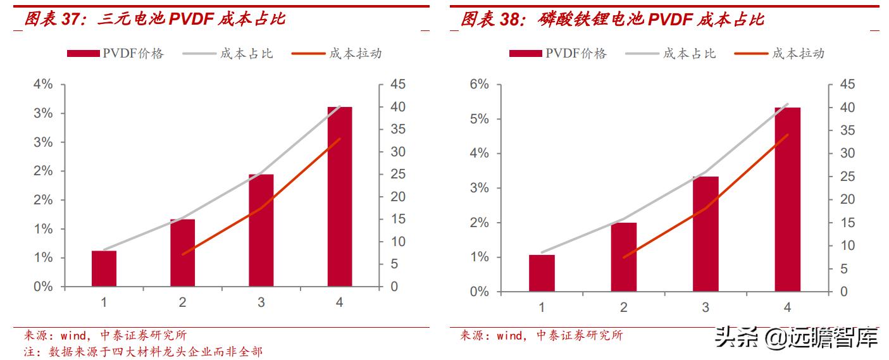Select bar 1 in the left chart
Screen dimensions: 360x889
tap(104, 268)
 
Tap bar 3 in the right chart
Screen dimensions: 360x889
tap(706, 233)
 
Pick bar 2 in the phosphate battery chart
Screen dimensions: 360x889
tap(623, 257)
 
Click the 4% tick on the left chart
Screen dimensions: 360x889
tap(44, 85)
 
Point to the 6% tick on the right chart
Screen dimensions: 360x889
tap(478, 85)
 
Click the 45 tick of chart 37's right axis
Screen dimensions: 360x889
tap(398, 85)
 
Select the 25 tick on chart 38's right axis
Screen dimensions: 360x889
tap(847, 177)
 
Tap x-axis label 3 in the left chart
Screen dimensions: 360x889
tap(261, 302)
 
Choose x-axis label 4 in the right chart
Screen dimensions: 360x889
tap(787, 307)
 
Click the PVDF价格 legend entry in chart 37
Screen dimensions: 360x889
tap(116, 54)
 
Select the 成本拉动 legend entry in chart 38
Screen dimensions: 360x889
tap(780, 54)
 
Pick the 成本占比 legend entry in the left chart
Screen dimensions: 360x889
tap(228, 54)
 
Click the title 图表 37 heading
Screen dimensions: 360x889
tap(154, 19)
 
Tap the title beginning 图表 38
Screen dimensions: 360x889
tap(612, 20)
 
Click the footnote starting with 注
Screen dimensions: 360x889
tap(143, 351)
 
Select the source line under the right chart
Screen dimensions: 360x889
tap(541, 335)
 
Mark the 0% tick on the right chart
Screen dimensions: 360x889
tap(478, 292)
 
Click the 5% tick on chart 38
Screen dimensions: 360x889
tap(478, 119)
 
